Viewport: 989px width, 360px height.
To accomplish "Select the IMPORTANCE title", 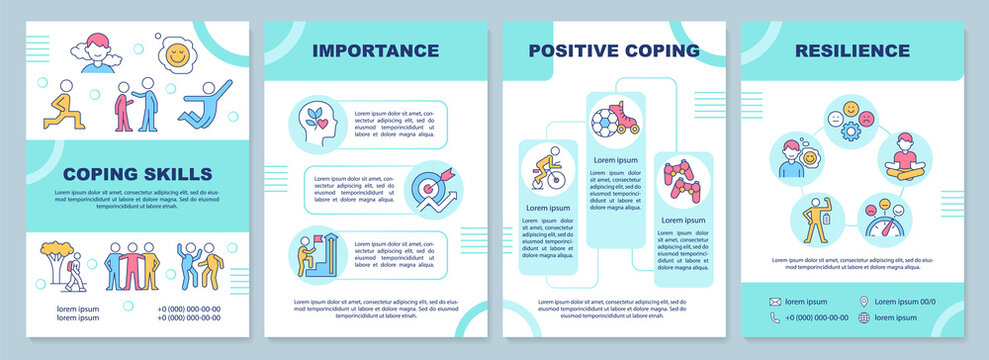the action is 375,50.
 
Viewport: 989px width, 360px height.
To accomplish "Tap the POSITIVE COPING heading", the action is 614,50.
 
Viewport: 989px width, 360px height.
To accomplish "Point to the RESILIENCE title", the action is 853,50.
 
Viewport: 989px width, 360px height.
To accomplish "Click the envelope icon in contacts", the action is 775,301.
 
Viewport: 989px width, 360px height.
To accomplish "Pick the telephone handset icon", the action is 775,318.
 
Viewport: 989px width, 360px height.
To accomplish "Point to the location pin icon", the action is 863,301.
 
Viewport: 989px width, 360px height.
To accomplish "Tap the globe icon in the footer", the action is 863,318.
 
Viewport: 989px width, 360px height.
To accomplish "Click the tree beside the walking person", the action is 55,257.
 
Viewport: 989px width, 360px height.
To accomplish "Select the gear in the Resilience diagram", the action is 852,131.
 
